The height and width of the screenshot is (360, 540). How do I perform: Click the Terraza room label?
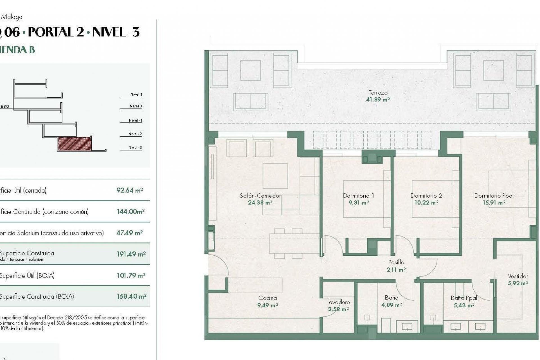[x=378, y=93]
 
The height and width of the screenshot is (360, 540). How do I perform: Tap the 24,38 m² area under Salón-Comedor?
[x=260, y=202]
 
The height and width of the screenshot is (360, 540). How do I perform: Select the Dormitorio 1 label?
[x=358, y=195]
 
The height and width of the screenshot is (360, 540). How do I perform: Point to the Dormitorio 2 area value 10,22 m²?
[x=426, y=202]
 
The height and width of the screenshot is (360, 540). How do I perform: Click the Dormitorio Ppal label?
[x=494, y=195]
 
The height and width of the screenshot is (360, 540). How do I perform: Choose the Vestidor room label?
[x=518, y=276]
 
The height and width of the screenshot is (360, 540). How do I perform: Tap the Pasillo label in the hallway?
[x=396, y=262]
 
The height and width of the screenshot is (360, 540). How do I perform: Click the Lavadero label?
[x=338, y=302]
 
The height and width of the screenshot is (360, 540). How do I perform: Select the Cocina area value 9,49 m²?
[x=267, y=305]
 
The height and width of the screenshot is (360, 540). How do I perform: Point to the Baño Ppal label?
[x=464, y=298]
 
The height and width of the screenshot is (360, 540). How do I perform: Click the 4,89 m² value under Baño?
[x=391, y=305]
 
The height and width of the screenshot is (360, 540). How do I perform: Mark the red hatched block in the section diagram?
[x=75, y=144]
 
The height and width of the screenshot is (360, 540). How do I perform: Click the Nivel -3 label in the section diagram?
[x=135, y=147]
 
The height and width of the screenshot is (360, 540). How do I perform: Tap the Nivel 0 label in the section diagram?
[x=136, y=106]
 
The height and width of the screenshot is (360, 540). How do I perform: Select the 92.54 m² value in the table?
[x=130, y=190]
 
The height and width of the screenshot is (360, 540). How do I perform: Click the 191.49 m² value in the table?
[x=131, y=254]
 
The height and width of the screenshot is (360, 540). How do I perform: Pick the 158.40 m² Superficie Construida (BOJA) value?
[x=131, y=296]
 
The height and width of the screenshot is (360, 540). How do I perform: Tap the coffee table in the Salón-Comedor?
[x=275, y=176]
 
